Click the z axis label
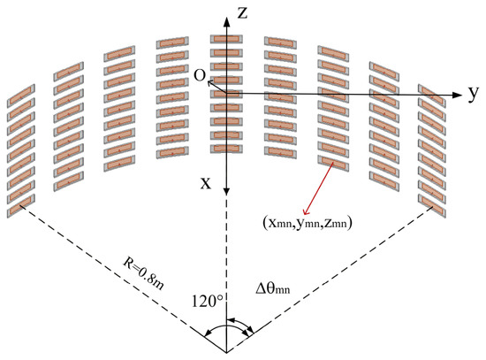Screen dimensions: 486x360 [242, 13]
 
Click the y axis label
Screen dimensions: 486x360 [473, 94]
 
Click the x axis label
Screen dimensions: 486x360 [206, 183]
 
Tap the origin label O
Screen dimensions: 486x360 [200, 75]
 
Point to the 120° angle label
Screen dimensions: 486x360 [208, 301]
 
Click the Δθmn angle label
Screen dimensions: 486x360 [273, 288]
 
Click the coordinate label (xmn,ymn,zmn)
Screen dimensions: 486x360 [308, 224]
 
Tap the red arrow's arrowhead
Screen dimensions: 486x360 [306, 211]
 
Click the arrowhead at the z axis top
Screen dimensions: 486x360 [227, 21]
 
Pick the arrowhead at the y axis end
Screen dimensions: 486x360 [457, 95]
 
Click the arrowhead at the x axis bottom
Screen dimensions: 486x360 [226, 191]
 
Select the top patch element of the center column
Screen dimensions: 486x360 [226, 39]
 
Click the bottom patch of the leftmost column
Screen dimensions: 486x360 [21, 206]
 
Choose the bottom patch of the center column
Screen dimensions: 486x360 [226, 149]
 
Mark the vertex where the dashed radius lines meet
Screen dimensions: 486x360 [226, 353]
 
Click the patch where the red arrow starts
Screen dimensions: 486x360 [333, 164]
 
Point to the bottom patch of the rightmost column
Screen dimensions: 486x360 [432, 206]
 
